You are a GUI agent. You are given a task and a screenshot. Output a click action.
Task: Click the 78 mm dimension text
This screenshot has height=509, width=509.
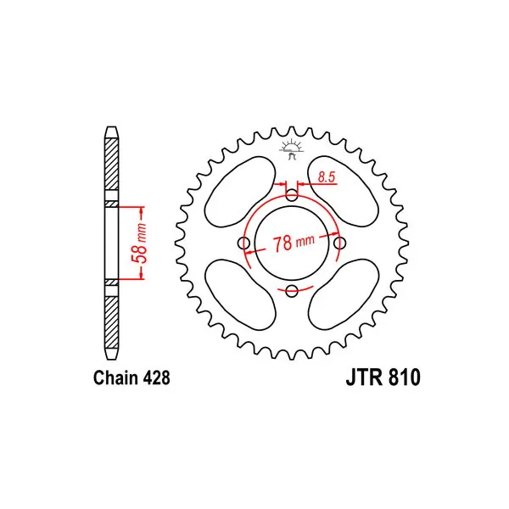tap(294, 243)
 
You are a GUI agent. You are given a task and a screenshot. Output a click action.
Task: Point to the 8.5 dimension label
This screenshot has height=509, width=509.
tap(326, 177)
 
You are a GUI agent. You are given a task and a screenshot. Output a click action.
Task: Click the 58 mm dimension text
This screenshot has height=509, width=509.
tap(140, 243)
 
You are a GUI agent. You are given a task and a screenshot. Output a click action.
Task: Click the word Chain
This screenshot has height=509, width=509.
tap(115, 378)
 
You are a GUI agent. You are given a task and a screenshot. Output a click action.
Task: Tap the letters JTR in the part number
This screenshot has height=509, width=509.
tap(364, 378)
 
